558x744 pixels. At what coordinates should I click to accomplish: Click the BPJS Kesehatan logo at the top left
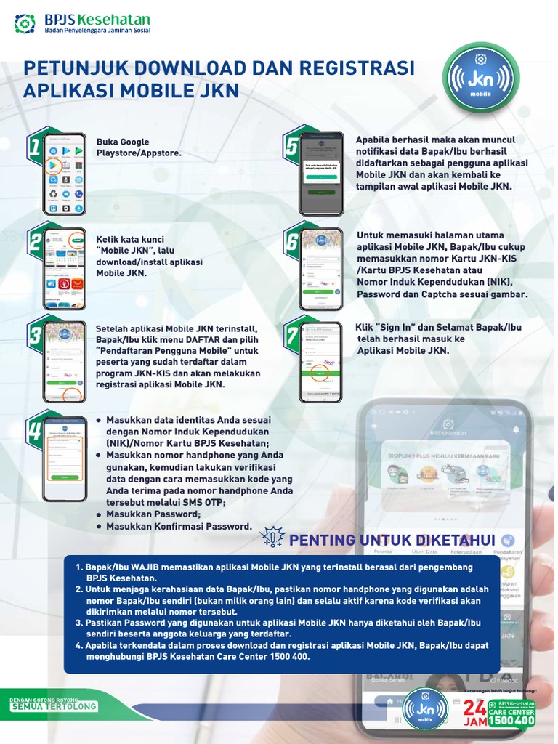81,24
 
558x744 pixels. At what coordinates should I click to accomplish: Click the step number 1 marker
34,147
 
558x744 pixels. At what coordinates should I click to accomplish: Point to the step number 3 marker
34,336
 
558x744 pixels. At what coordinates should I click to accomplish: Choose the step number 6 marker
291,242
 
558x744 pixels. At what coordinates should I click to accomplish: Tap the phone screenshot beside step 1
65,174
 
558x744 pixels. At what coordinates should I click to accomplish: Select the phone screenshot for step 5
321,174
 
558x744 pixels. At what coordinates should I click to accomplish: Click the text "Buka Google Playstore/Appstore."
138,147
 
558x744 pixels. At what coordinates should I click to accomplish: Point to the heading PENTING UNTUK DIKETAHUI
392,540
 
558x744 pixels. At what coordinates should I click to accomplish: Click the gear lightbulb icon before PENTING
273,538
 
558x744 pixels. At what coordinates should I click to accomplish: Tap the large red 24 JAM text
474,713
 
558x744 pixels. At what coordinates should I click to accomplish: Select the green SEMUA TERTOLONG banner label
54,706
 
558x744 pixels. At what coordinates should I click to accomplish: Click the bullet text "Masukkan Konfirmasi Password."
179,526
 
